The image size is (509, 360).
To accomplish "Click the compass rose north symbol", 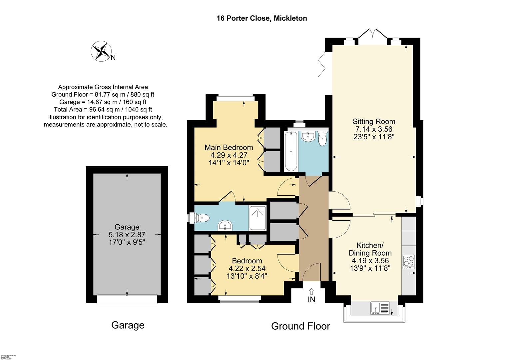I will click(x=101, y=51).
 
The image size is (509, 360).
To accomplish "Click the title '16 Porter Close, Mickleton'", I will click(x=261, y=18).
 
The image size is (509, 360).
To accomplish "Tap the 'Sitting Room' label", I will click(x=374, y=121).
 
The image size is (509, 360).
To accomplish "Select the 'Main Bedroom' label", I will click(x=229, y=147).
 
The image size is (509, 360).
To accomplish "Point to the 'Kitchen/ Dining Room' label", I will click(x=370, y=249).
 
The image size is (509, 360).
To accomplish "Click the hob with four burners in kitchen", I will click(x=408, y=262).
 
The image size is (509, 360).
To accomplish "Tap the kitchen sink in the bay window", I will click(x=380, y=308).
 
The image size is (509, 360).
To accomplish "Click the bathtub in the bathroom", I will click(x=291, y=151).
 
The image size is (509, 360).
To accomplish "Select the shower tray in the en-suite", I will click(x=258, y=218).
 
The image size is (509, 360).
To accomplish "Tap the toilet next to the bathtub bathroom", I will click(x=322, y=139).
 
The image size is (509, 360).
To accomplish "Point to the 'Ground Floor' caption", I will click(x=300, y=326).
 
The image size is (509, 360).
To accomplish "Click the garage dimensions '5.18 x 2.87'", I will click(x=127, y=234).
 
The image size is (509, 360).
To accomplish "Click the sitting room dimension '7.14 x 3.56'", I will click(x=374, y=129).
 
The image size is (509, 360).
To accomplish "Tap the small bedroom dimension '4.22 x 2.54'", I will click(x=247, y=268).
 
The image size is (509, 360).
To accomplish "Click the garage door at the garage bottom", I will click(x=127, y=299).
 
